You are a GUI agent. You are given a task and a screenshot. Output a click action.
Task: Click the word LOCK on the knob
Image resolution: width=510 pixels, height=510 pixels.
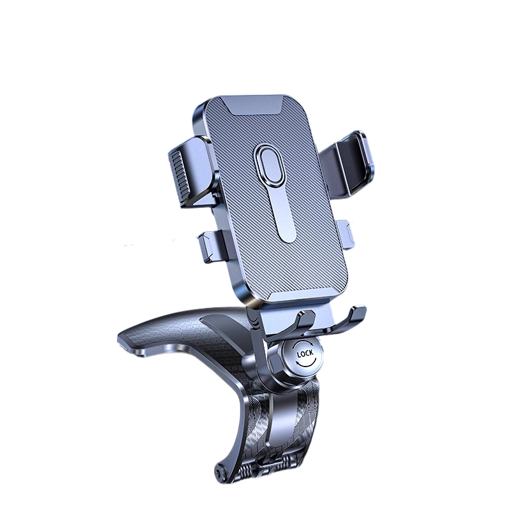(x=305, y=354)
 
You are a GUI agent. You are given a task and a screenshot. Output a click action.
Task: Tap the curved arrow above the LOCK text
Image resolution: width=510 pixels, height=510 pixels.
(x=305, y=344)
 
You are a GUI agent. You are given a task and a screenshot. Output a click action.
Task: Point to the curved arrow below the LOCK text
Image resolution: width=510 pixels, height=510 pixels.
(x=306, y=363)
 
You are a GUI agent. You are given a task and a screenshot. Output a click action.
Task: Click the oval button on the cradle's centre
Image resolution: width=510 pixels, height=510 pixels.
(x=270, y=163)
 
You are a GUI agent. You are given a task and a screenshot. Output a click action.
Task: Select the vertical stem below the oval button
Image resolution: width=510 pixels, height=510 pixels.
(x=284, y=215)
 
